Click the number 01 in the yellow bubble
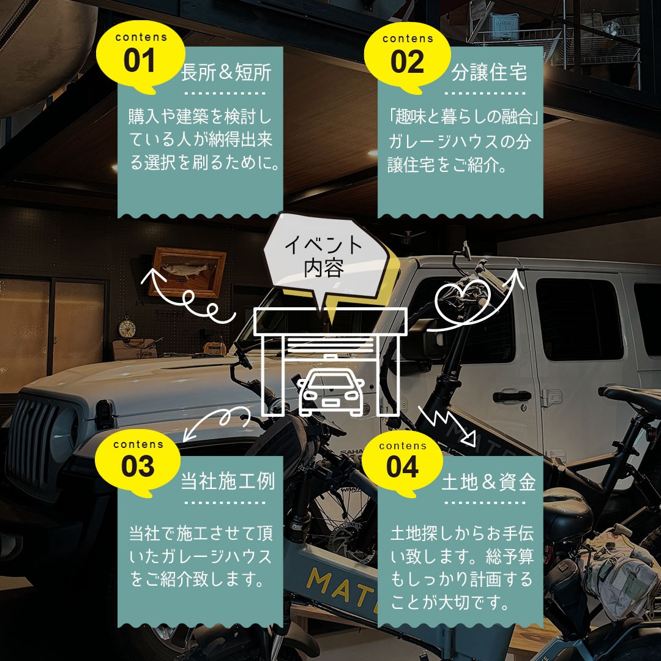[x=139, y=60]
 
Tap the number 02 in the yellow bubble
[x=407, y=62]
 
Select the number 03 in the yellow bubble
[x=138, y=466]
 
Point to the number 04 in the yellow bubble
[x=402, y=467]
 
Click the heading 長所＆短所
[x=226, y=72]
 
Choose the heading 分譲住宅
[x=489, y=72]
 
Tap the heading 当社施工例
[x=228, y=481]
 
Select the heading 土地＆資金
[x=488, y=482]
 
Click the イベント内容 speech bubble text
[x=324, y=256]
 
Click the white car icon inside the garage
[x=331, y=391]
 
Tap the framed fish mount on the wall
[x=188, y=272]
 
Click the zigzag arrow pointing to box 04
[x=447, y=426]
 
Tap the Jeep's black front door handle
[x=512, y=396]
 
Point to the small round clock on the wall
[x=127, y=328]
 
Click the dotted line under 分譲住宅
[x=485, y=93]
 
